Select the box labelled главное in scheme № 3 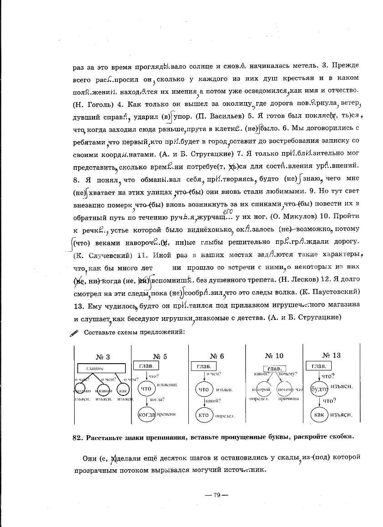(101, 368)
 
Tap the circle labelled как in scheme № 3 (123, 390)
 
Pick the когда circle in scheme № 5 (146, 414)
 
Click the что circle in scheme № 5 (146, 389)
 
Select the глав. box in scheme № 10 (274, 368)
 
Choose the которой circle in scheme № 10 (261, 390)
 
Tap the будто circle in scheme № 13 (318, 389)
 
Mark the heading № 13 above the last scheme (331, 355)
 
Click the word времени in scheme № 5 (166, 414)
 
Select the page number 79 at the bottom (216, 495)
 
